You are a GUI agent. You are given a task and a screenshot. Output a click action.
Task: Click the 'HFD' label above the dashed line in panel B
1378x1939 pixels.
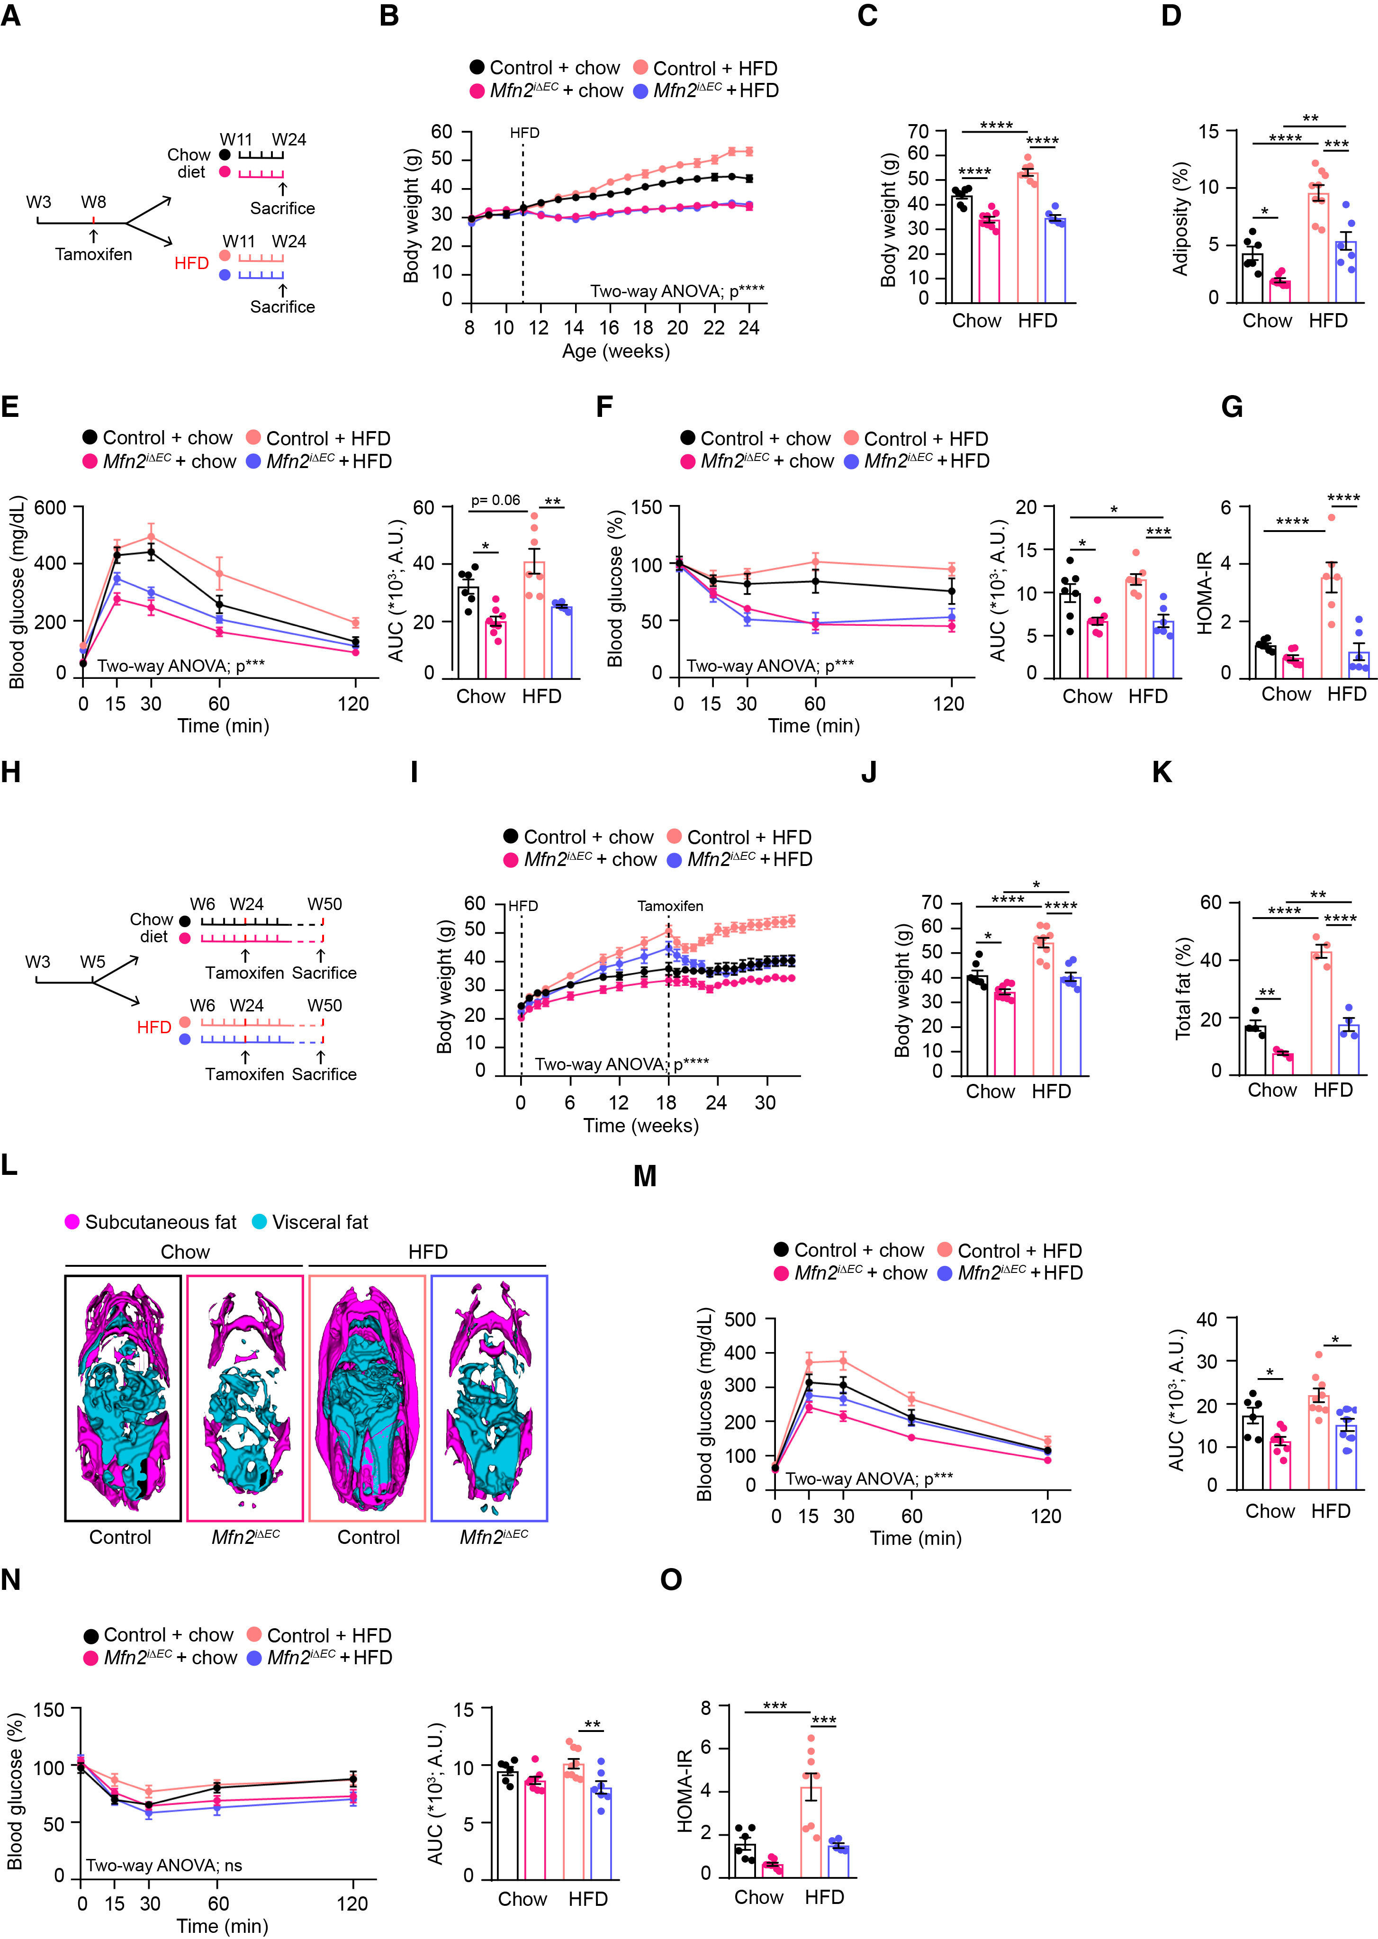click(x=524, y=133)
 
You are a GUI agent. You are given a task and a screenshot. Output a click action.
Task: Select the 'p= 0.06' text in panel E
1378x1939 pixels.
click(x=495, y=501)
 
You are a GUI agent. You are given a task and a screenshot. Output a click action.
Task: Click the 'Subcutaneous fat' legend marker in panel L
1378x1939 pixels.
click(x=72, y=1222)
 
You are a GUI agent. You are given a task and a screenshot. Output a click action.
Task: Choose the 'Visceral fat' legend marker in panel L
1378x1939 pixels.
click(x=259, y=1222)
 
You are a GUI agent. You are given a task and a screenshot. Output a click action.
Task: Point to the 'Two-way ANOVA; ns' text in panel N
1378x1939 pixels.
click(x=164, y=1865)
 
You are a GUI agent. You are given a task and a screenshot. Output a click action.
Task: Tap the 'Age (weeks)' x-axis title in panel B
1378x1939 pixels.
click(x=615, y=352)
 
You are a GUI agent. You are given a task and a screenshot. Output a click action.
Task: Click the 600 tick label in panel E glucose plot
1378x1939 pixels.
click(x=49, y=507)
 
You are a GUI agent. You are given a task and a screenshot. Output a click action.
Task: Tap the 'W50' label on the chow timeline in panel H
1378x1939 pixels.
click(x=324, y=904)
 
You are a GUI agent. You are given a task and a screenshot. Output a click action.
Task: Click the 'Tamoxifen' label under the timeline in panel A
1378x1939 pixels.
click(x=93, y=254)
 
